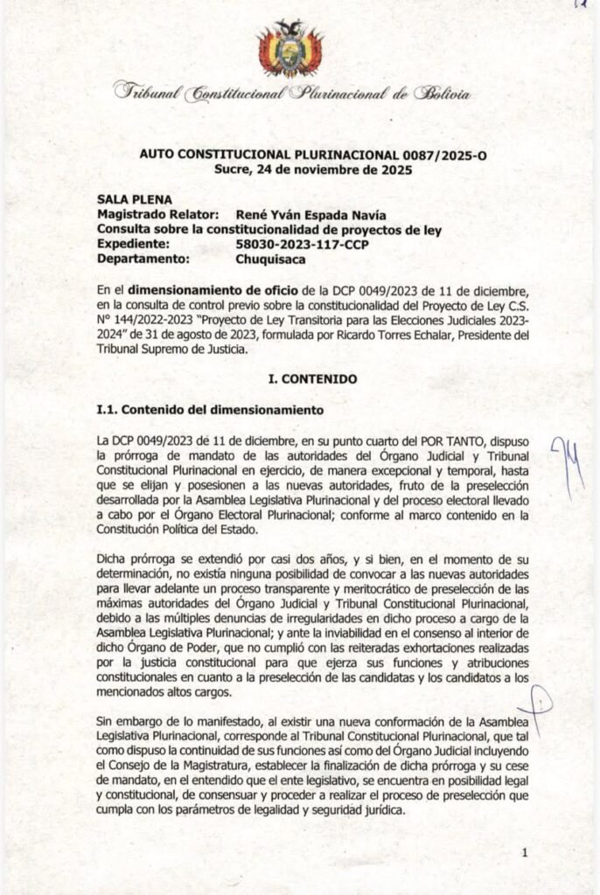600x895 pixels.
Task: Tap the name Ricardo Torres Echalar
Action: tap(382, 333)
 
